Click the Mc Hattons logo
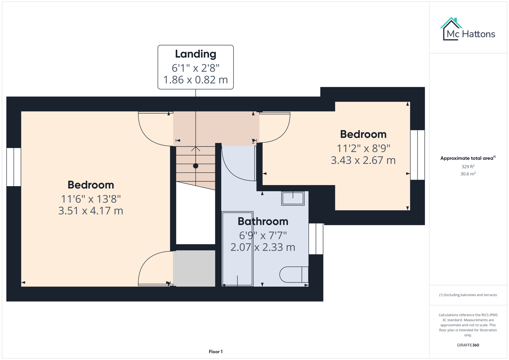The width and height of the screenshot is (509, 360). [468, 30]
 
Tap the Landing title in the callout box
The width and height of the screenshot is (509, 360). [196, 54]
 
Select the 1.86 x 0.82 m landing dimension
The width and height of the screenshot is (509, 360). [196, 80]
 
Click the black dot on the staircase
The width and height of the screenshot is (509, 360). [196, 166]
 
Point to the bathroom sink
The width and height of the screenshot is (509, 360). [293, 198]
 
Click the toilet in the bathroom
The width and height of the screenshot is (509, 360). [293, 275]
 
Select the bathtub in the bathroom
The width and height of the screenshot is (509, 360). [237, 248]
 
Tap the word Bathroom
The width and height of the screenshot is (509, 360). [263, 221]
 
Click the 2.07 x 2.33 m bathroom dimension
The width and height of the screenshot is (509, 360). [263, 247]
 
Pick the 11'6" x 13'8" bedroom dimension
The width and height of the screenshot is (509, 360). [91, 199]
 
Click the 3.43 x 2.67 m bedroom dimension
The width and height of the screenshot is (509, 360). [363, 160]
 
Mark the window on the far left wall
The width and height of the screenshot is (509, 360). [14, 167]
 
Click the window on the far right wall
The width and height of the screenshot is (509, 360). [417, 155]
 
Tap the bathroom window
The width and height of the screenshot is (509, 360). [316, 239]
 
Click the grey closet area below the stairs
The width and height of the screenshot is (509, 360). [194, 268]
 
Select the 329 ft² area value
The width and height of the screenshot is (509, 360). [468, 167]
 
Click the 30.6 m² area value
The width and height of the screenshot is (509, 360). [468, 174]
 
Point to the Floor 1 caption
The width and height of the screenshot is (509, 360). [216, 352]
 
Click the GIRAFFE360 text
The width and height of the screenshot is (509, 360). [468, 345]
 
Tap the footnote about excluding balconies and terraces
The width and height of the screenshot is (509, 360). [468, 295]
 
